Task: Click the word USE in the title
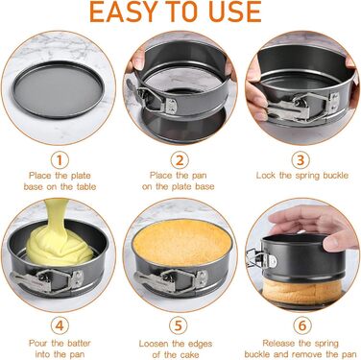coord(234,12)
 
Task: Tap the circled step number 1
coord(60,160)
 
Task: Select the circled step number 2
coord(180,160)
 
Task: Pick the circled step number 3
coord(301,160)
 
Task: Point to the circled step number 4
coord(60,325)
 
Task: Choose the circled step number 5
coord(178,325)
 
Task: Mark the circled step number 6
coord(302,325)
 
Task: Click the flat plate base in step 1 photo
coord(59,90)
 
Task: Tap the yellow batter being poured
coord(59,238)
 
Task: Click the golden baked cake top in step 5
coord(181,242)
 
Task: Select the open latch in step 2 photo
coord(153,98)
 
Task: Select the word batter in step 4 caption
coord(79,343)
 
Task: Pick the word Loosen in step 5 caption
coord(155,344)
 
